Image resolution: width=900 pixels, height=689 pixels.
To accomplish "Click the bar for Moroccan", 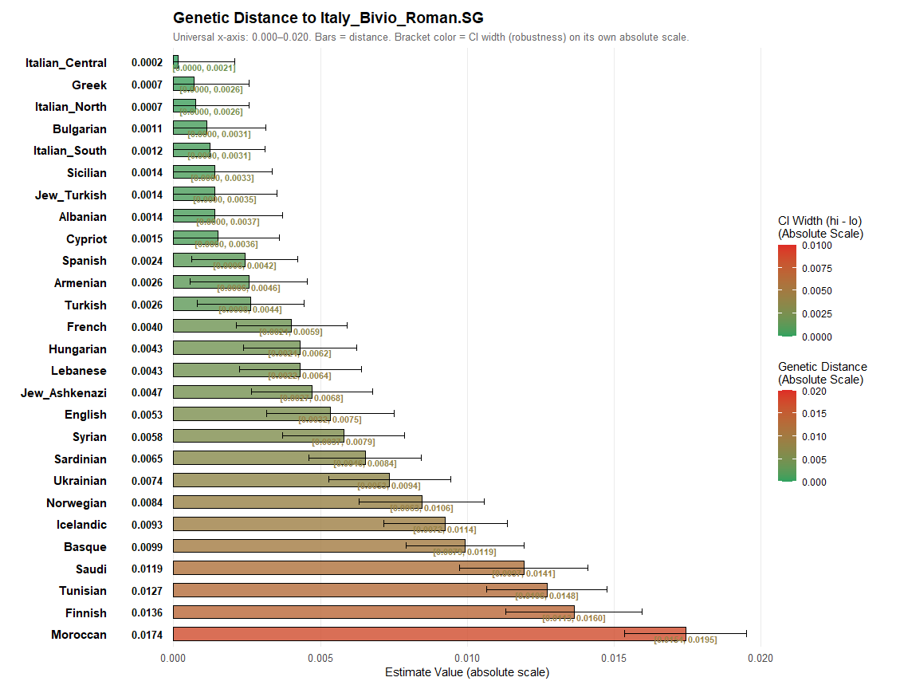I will (x=429, y=635).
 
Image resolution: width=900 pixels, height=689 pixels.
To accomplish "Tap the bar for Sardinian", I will (x=269, y=459).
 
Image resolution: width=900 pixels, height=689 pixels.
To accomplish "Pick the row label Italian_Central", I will (x=65, y=63).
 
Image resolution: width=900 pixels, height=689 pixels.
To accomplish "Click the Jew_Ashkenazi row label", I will (x=64, y=392).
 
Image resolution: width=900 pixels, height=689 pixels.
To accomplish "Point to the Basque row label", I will (x=85, y=547).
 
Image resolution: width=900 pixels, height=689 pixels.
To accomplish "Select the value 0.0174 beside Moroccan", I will (x=147, y=635).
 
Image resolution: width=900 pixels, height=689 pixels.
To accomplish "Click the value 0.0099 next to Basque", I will (x=147, y=547).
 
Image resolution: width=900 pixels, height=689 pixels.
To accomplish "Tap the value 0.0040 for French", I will (x=147, y=327).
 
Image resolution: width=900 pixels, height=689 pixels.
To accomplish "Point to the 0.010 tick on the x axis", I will (x=466, y=659).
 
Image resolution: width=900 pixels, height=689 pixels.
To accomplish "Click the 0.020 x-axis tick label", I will (x=760, y=659).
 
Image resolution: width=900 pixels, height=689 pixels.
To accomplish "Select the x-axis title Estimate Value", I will (x=466, y=672).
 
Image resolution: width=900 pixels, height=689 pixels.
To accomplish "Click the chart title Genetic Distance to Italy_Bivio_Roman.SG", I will (x=328, y=18).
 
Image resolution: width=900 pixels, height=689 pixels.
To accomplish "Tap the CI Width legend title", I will (x=820, y=227).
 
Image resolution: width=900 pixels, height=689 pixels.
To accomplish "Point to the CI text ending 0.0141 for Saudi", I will (x=524, y=573).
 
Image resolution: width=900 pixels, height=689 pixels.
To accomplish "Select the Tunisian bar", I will (x=360, y=591).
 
